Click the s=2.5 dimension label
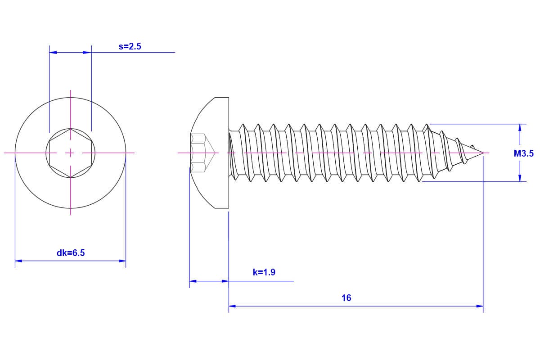click(x=130, y=46)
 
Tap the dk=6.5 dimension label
click(x=71, y=253)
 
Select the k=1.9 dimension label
click(x=264, y=272)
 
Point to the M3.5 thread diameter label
click(x=524, y=153)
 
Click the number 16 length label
click(x=346, y=298)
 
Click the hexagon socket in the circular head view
click(x=70, y=153)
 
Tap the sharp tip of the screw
click(x=483, y=153)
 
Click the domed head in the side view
click(x=210, y=153)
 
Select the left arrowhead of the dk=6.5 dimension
click(x=18, y=261)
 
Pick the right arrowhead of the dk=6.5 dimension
click(x=122, y=261)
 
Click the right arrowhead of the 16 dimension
click(x=480, y=306)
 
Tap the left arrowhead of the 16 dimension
click(x=232, y=306)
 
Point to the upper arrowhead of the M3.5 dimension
click(x=520, y=127)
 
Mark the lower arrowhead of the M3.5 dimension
click(x=520, y=178)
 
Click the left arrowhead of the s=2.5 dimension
click(x=53, y=52)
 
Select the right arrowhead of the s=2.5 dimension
click(x=87, y=52)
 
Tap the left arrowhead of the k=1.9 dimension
click(x=193, y=281)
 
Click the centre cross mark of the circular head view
click(x=70, y=153)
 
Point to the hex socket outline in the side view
click(x=202, y=153)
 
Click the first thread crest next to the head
click(x=243, y=125)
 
